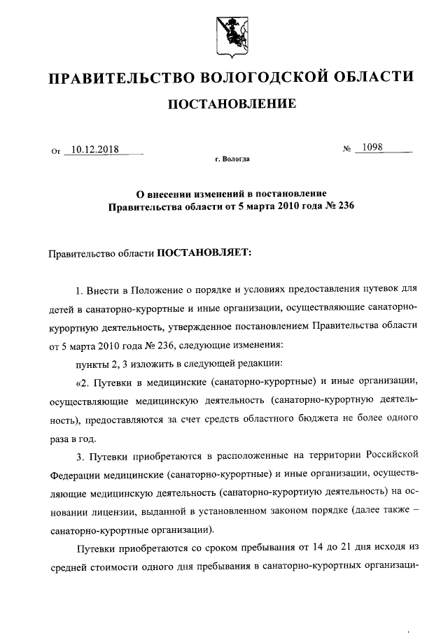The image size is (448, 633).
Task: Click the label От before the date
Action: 56,150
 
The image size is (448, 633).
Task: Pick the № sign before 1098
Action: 346,149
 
